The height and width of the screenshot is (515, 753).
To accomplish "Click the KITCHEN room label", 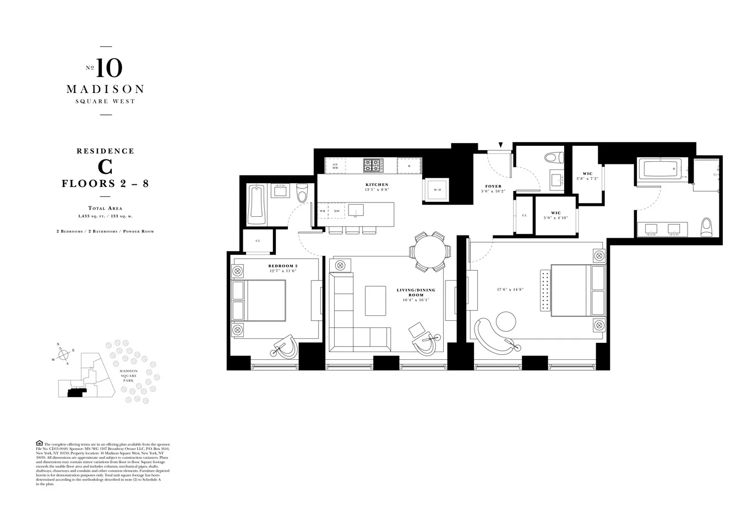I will pyautogui.click(x=376, y=185).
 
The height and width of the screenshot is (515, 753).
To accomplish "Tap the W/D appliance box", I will pyautogui.click(x=438, y=190).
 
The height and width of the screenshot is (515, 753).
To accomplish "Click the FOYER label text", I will pyautogui.click(x=493, y=187).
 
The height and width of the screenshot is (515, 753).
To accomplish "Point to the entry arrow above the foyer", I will pyautogui.click(x=500, y=145).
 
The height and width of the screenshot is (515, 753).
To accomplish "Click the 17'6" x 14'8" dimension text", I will pyautogui.click(x=509, y=289).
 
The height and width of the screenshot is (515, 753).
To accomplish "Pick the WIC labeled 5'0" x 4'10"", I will pyautogui.click(x=555, y=215).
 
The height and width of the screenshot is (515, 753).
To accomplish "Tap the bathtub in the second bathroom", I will pyautogui.click(x=257, y=205).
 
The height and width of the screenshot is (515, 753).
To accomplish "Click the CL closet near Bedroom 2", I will pyautogui.click(x=258, y=241).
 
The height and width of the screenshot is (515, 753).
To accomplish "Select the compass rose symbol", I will pyautogui.click(x=64, y=353).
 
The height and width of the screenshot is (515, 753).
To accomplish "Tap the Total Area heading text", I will pyautogui.click(x=105, y=209).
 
